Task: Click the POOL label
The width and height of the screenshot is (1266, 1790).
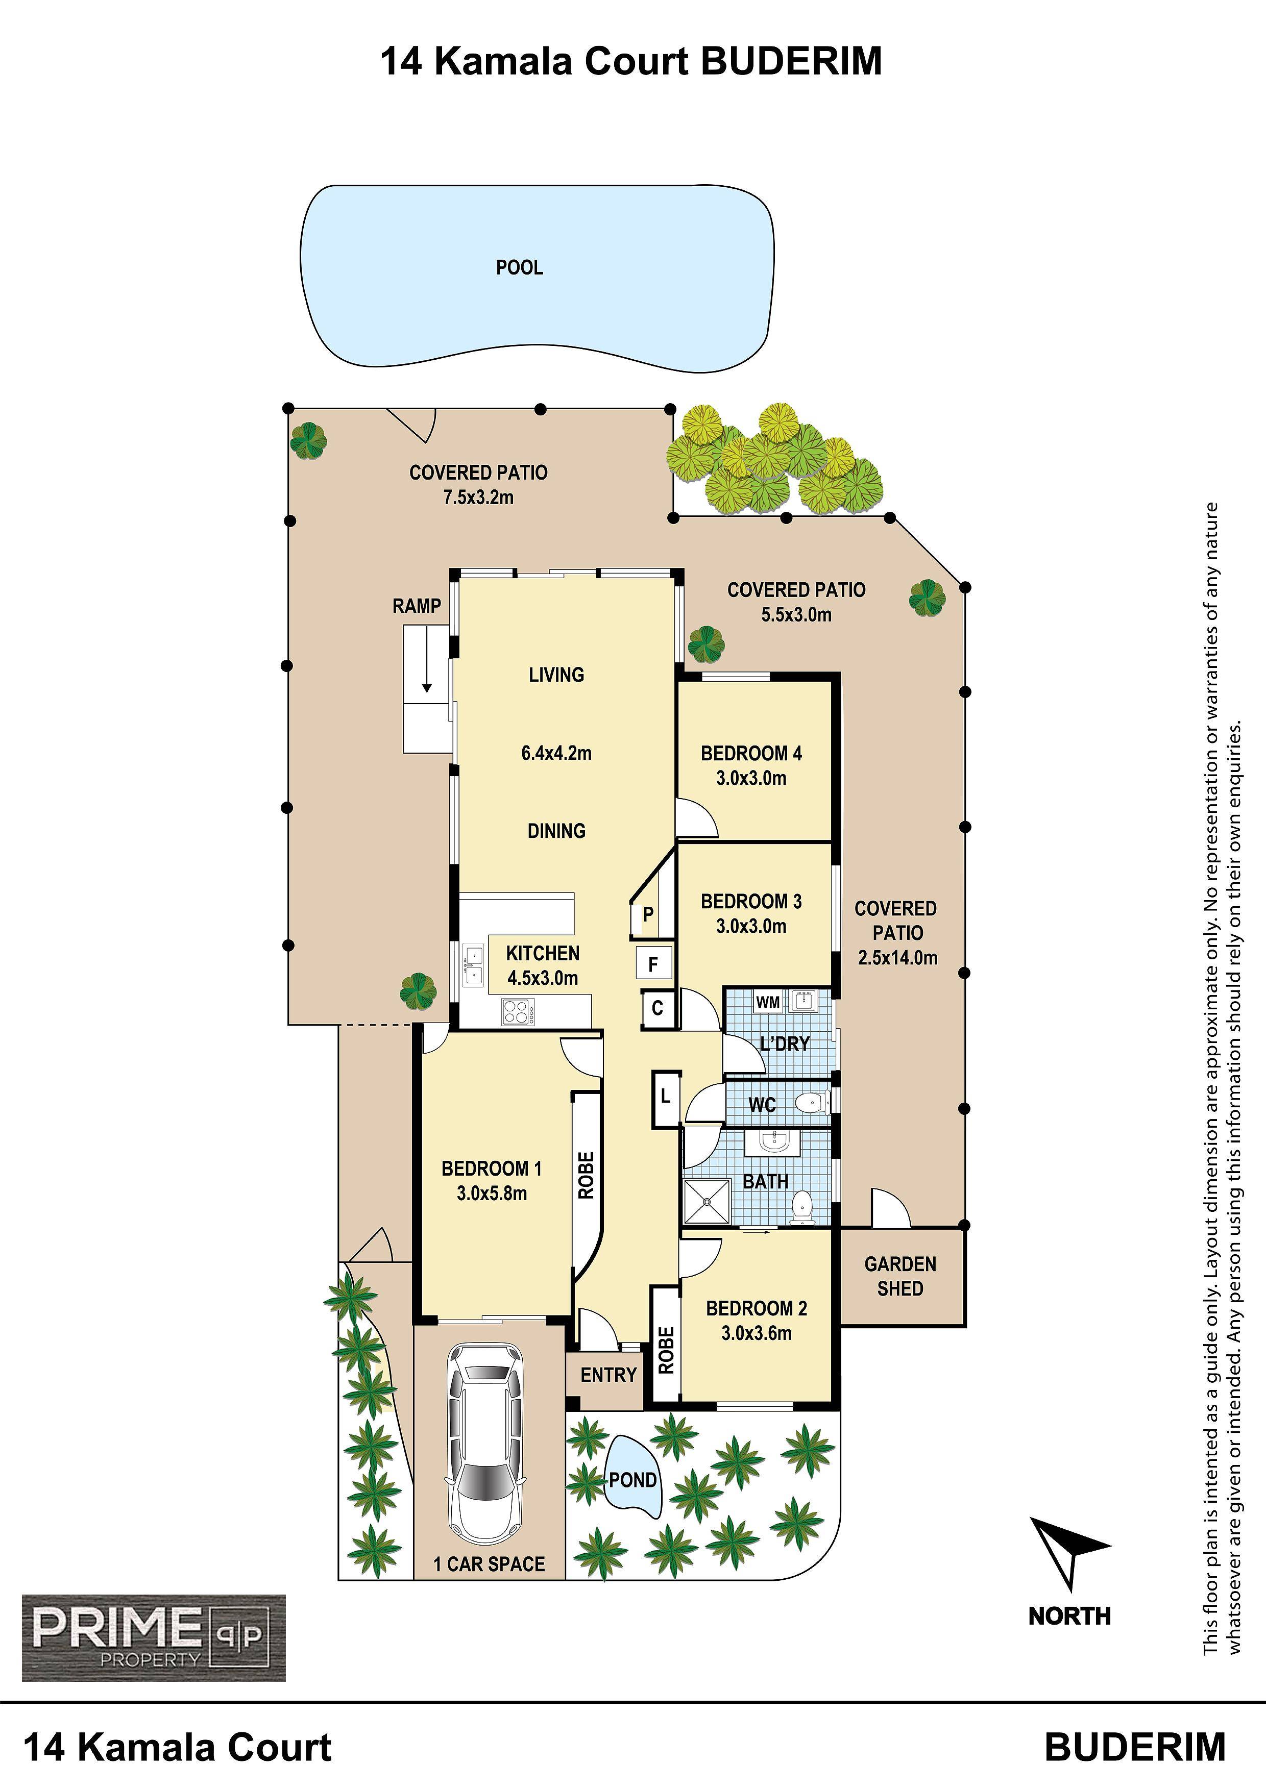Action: pyautogui.click(x=520, y=267)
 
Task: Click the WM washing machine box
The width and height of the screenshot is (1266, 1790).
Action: pyautogui.click(x=768, y=1002)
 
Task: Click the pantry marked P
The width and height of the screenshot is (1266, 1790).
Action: pyautogui.click(x=647, y=914)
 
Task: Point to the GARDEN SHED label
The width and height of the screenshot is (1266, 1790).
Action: pyautogui.click(x=900, y=1276)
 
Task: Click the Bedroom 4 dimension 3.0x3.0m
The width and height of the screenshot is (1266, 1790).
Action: pyautogui.click(x=751, y=778)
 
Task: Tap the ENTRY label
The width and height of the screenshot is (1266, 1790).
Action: pyautogui.click(x=608, y=1375)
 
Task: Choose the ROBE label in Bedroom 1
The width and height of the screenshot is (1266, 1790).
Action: pyautogui.click(x=586, y=1175)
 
